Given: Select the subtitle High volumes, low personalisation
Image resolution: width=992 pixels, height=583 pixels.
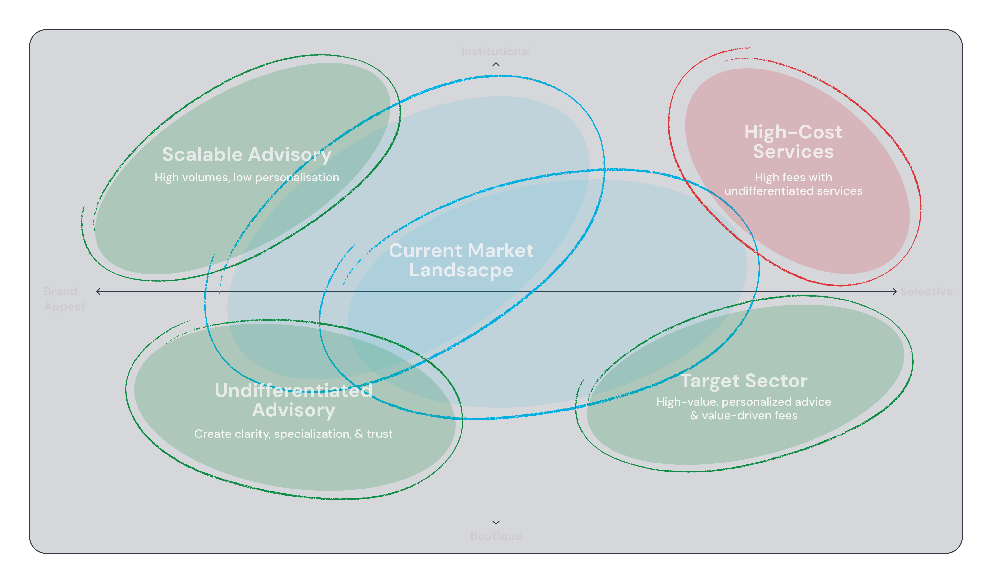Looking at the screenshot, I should click(x=247, y=177).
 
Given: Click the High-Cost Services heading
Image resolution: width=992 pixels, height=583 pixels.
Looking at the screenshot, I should click(x=793, y=142).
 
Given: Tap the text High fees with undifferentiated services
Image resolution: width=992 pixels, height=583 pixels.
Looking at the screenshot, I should click(x=793, y=184).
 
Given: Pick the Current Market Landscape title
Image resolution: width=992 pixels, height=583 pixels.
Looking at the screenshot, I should click(x=461, y=260).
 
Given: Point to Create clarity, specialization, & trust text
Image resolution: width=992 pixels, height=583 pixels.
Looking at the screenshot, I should click(x=294, y=434).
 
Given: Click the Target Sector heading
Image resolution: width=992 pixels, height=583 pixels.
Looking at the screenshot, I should click(x=744, y=381).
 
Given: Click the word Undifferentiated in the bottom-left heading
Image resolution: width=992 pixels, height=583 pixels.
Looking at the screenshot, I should click(x=294, y=390).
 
